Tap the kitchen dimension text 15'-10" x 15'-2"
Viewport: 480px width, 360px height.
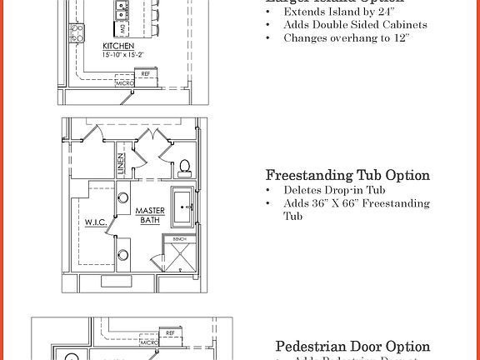pos(122,55)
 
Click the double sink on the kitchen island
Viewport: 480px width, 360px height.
pos(122,10)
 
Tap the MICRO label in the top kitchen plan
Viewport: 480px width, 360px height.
pos(124,83)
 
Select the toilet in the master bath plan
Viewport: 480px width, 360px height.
pos(185,165)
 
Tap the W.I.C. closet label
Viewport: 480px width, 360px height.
pos(94,222)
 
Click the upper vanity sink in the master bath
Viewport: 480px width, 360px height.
pos(123,198)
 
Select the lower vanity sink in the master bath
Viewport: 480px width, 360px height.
pos(123,254)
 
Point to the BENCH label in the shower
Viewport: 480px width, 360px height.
pos(180,239)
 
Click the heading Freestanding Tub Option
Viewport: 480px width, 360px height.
pos(347,175)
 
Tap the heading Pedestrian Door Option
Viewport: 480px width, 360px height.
pos(352,346)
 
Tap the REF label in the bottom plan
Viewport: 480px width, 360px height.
pos(170,332)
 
